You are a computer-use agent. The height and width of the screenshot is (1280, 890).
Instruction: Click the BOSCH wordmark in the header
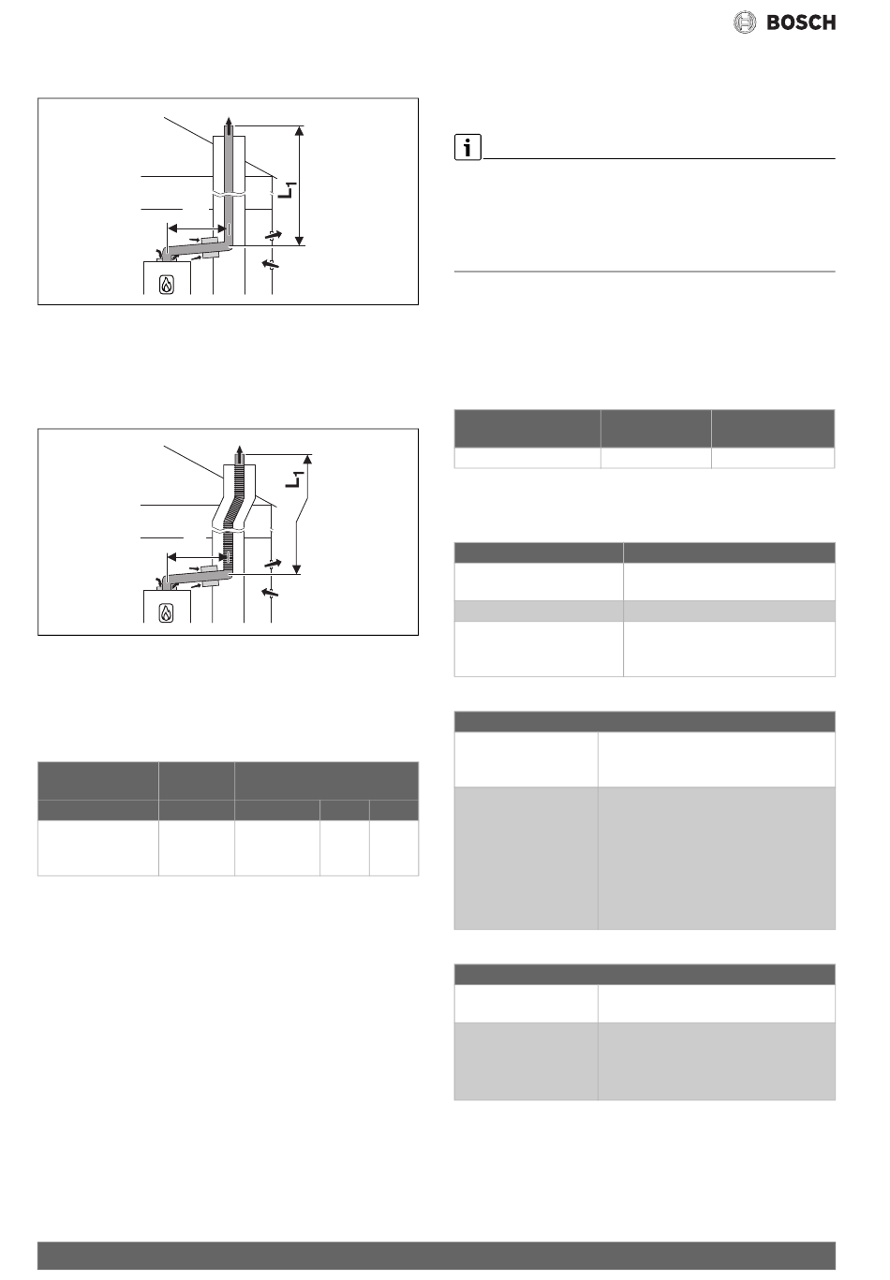pos(801,22)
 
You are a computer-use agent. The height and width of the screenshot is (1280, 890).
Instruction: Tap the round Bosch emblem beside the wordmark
pos(745,22)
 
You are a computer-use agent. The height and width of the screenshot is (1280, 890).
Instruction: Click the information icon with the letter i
pos(467,147)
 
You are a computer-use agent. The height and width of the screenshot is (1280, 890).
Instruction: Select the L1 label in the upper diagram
pos(289,190)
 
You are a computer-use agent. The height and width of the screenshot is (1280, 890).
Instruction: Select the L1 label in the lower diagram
pos(292,478)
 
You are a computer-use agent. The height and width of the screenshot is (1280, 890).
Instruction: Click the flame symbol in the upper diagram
pos(167,285)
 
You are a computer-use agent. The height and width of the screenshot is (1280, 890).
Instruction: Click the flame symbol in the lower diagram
pos(166,613)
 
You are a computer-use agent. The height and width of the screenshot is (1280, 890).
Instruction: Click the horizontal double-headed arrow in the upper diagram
pos(198,228)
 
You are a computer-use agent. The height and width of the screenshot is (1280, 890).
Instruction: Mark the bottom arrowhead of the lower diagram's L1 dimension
pos(296,569)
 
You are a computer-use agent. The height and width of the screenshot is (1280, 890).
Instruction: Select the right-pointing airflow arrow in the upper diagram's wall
pos(274,234)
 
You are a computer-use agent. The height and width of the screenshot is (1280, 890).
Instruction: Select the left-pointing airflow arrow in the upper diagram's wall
pos(271,263)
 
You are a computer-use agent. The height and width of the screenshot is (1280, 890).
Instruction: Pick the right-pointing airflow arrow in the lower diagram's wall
pos(274,564)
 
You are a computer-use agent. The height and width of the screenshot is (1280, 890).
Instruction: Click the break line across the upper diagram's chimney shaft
pos(229,193)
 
